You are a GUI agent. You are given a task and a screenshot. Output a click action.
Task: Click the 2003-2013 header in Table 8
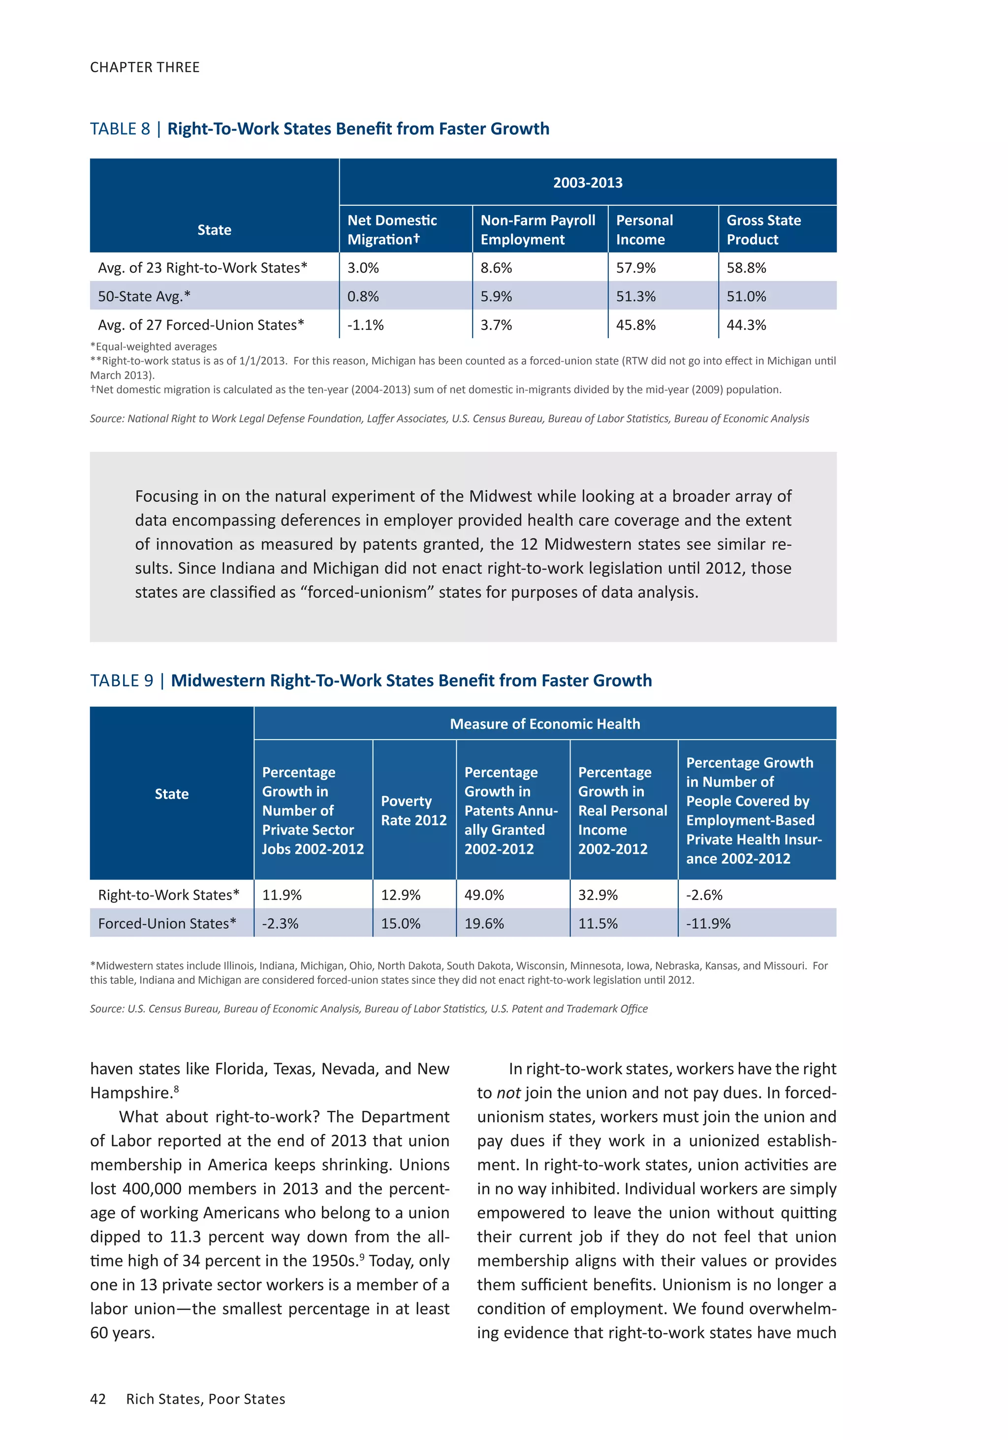click(x=587, y=183)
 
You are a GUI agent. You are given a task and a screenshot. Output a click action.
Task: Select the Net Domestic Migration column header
click(x=392, y=229)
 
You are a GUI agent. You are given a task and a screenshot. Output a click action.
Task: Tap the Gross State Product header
click(x=763, y=229)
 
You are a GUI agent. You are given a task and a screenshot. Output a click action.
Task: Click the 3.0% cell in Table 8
click(x=363, y=268)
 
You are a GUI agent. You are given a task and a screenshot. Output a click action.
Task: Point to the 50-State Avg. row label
click(x=144, y=296)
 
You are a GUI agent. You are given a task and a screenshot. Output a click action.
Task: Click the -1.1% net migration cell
click(x=365, y=325)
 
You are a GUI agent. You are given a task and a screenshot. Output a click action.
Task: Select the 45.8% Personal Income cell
click(x=635, y=325)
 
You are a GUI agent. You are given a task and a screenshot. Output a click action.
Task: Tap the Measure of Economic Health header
click(x=544, y=724)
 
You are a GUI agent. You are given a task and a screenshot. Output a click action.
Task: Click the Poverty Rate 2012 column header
click(x=413, y=811)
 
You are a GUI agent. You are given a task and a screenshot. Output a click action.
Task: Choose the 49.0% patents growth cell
click(x=484, y=895)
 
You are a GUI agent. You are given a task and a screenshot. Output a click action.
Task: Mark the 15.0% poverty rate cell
click(x=400, y=923)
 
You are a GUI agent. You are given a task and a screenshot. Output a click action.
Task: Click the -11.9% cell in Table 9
click(x=708, y=923)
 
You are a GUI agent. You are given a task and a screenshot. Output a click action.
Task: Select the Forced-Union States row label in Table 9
click(x=167, y=923)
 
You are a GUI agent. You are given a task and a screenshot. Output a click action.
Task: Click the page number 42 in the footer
click(x=98, y=1399)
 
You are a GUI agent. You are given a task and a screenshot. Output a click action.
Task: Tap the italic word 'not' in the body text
click(x=508, y=1093)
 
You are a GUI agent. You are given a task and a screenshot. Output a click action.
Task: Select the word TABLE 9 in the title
click(x=122, y=681)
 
